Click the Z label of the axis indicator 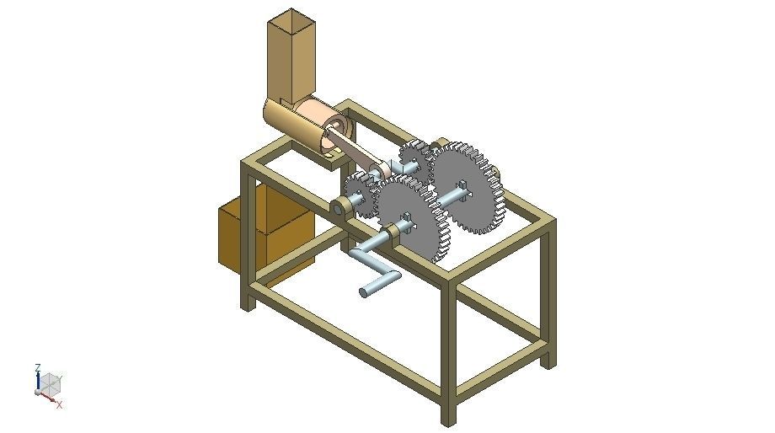click(x=38, y=368)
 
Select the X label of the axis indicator click(x=60, y=404)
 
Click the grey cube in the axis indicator click(x=51, y=383)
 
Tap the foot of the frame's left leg click(x=248, y=303)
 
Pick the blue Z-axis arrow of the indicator click(x=38, y=381)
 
